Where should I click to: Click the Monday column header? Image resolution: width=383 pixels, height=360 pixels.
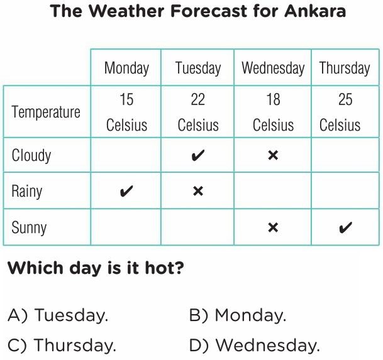[126, 68]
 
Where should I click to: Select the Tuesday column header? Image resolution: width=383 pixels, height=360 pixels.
[198, 68]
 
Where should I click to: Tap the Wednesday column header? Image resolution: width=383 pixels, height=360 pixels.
[273, 68]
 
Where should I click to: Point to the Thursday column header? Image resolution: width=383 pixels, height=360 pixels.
[345, 68]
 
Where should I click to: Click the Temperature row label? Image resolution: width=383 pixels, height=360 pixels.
[46, 112]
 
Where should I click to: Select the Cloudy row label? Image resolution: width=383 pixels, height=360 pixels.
[31, 155]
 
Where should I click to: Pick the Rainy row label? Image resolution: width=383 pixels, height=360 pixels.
[27, 191]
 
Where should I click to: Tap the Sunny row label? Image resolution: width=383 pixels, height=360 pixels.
[29, 227]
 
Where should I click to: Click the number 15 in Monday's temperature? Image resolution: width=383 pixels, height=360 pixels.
[126, 99]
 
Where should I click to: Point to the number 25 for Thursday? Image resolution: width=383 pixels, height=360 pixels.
[345, 99]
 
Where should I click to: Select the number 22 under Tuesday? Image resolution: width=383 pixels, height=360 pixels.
[198, 99]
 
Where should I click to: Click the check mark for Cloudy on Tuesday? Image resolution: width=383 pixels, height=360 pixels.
[198, 155]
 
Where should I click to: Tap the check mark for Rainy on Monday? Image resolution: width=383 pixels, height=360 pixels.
[126, 191]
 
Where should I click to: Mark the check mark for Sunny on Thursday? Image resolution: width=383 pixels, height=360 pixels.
[346, 227]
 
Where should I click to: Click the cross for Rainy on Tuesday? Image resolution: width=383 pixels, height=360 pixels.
[198, 191]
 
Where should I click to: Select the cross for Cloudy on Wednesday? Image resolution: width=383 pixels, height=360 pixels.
[273, 155]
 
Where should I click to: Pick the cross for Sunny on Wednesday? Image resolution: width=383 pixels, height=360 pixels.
[273, 227]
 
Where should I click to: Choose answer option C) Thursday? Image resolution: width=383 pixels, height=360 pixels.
[62, 346]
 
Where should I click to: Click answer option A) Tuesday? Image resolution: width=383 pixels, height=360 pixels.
[58, 315]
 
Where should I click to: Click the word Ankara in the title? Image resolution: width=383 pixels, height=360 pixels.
[315, 11]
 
